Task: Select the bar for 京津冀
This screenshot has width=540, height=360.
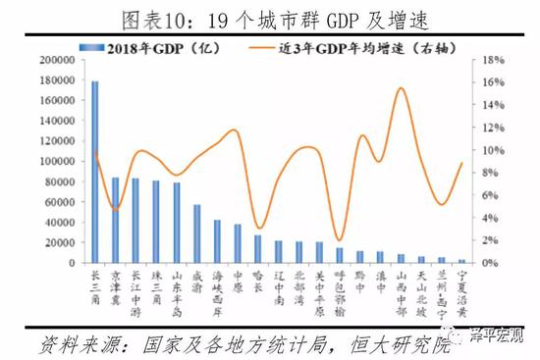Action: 116,221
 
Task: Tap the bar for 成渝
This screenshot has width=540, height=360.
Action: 197,233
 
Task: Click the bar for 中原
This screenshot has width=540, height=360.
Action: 238,243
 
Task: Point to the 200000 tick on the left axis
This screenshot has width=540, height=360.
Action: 65,60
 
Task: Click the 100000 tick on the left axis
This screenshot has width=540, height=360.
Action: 65,161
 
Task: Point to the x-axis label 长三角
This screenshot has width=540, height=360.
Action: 95,287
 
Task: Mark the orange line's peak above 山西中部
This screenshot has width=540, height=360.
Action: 401,88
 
